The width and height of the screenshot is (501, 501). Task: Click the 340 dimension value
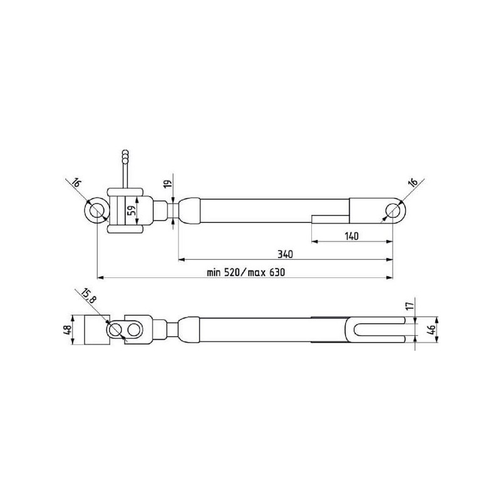[x=285, y=254]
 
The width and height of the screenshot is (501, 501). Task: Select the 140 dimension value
[x=351, y=236]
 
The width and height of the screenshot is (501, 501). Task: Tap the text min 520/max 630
[x=245, y=272]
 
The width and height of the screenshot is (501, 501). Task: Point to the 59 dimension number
[x=132, y=210]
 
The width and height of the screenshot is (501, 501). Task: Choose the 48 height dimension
[x=67, y=330]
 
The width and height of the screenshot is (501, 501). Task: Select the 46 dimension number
[x=431, y=329]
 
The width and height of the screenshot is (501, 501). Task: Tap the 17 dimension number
[x=410, y=304]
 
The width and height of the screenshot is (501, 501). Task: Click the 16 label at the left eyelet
[x=76, y=183]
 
